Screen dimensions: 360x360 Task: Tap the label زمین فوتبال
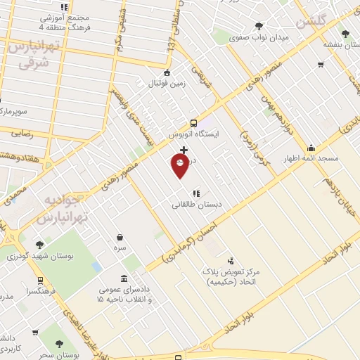(167, 84)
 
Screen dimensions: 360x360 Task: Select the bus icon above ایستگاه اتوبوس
(194, 121)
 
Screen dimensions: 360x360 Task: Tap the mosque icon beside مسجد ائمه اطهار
(311, 148)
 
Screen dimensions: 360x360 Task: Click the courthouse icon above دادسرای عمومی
(124, 278)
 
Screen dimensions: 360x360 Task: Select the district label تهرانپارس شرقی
(28, 53)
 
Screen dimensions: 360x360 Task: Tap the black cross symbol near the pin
(184, 150)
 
